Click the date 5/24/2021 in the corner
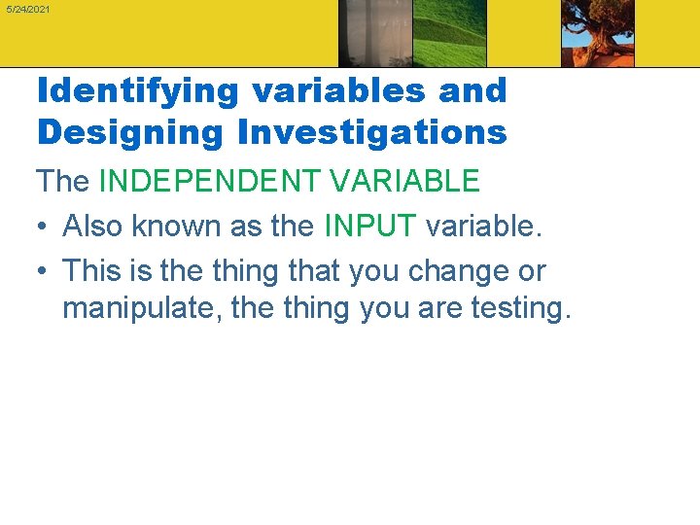coord(26,9)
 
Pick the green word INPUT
coord(368,226)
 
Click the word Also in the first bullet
coord(92,226)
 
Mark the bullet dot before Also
coord(44,227)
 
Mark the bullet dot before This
coord(44,271)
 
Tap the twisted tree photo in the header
coord(597,33)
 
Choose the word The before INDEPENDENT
coord(64,181)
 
